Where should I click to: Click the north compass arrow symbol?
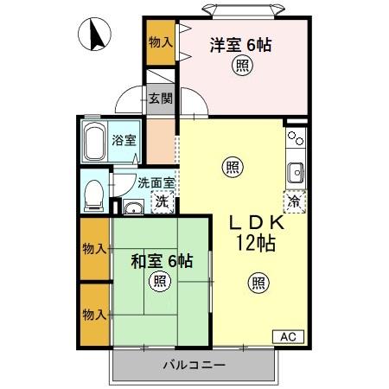[x=96, y=35]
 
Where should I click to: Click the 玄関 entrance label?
[x=159, y=98]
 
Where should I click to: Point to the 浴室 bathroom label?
[x=124, y=141]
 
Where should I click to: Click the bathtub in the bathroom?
[x=94, y=142]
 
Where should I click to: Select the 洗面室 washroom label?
[x=156, y=182]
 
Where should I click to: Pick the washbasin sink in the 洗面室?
[x=133, y=207]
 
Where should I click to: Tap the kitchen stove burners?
[x=296, y=138]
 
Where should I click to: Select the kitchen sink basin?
[x=296, y=170]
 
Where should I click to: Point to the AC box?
[x=288, y=335]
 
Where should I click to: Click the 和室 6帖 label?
[x=161, y=259]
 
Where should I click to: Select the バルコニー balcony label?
[x=194, y=365]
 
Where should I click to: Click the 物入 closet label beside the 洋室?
[x=160, y=41]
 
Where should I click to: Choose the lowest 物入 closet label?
[x=94, y=313]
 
